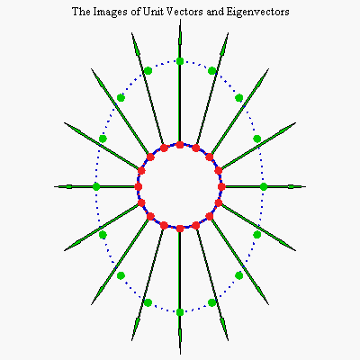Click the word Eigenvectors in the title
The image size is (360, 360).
pos(257,12)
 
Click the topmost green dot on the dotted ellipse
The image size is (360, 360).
pos(180,61)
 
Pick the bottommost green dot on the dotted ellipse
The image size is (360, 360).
pos(180,312)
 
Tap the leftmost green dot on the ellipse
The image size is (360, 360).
pos(96,186)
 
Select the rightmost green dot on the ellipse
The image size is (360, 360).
pos(264,186)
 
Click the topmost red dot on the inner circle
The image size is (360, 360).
pos(180,145)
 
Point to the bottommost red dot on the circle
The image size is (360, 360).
pos(180,229)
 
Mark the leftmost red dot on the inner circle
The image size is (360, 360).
pos(138,186)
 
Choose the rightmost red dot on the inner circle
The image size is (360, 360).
pos(221,186)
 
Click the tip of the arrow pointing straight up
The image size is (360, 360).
pos(180,19)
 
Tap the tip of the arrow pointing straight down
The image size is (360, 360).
pos(180,354)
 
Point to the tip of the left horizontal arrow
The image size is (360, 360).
pos(55,186)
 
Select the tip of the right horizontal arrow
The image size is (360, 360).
pos(305,186)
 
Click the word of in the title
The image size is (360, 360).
pos(135,12)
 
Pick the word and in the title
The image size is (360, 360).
pos(216,12)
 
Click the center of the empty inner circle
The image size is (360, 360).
pos(180,186)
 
